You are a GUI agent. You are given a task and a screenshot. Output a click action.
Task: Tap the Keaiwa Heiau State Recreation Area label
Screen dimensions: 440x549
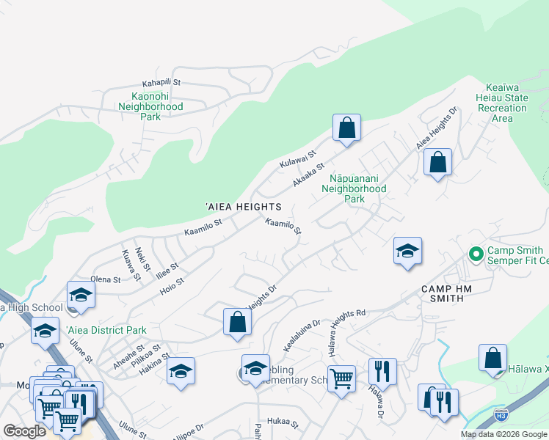pyautogui.click(x=503, y=103)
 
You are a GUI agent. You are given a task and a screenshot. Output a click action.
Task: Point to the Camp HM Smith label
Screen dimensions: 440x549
pyautogui.click(x=453, y=290)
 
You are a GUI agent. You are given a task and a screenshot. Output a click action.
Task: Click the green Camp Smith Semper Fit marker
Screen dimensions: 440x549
pyautogui.click(x=476, y=254)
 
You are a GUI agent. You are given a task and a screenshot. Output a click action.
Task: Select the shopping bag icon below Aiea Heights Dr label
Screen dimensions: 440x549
pyautogui.click(x=437, y=162)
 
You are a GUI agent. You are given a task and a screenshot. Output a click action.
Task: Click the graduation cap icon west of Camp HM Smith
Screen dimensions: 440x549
pyautogui.click(x=407, y=252)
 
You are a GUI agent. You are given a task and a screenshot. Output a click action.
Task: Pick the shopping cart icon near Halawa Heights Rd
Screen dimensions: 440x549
pyautogui.click(x=341, y=379)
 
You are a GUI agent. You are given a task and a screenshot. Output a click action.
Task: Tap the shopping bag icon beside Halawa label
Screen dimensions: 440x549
pyautogui.click(x=492, y=358)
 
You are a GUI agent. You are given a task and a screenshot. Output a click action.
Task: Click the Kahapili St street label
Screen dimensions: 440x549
pyautogui.click(x=161, y=84)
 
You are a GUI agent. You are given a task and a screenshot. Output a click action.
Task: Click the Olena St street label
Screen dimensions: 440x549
pyautogui.click(x=106, y=279)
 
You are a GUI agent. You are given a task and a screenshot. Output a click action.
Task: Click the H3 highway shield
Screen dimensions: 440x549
pyautogui.click(x=501, y=414)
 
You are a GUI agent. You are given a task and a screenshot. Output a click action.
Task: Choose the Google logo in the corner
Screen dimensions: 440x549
pyautogui.click(x=24, y=431)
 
